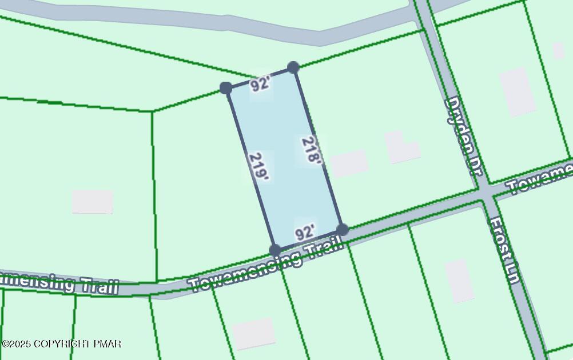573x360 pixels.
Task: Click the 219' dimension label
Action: click(x=259, y=167)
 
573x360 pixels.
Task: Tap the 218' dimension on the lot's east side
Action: click(x=311, y=150)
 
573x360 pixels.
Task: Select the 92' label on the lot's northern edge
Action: click(x=260, y=85)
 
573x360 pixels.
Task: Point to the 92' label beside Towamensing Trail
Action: click(x=305, y=232)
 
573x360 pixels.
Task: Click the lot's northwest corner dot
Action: click(x=226, y=88)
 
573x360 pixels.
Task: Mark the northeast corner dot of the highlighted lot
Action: click(x=293, y=67)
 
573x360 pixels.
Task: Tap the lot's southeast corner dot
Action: click(x=343, y=230)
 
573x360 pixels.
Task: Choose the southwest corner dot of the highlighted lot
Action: click(x=275, y=250)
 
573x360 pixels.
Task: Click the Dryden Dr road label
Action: click(x=464, y=136)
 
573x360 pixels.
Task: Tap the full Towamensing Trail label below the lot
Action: click(x=266, y=265)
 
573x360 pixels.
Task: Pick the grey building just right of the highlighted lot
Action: click(x=349, y=163)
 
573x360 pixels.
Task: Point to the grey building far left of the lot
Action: click(x=93, y=202)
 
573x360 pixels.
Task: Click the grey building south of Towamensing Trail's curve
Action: click(x=253, y=334)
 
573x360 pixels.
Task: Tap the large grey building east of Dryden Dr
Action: click(x=518, y=91)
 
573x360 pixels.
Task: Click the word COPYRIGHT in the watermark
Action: click(x=62, y=343)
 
